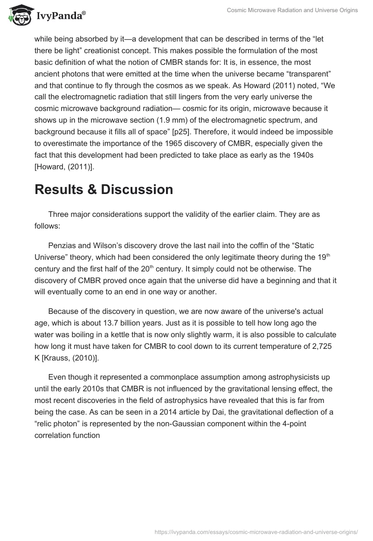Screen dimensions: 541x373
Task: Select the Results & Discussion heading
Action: click(x=104, y=189)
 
